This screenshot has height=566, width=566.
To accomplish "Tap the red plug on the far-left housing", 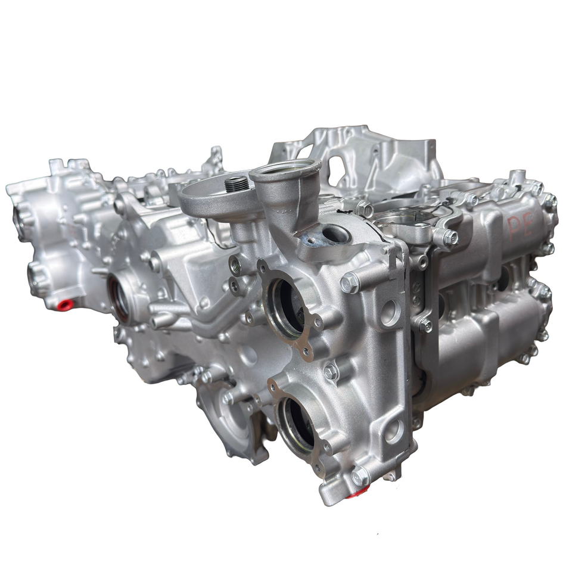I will coord(65,305).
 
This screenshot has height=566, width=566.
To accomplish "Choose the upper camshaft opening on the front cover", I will coord(286,307).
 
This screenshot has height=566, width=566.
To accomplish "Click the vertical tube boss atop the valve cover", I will coord(515,176).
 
